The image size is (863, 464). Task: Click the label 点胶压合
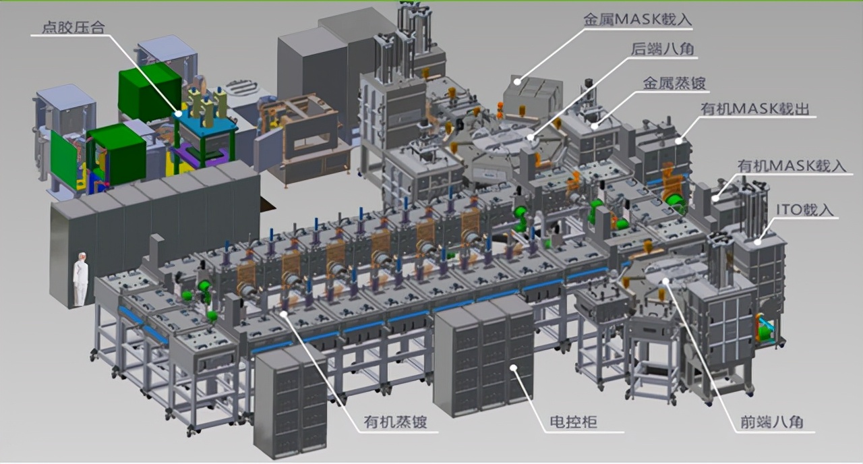coord(73,28)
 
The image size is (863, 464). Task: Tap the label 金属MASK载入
coord(638,20)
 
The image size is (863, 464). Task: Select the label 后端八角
coord(663,49)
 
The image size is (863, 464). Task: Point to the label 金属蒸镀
coord(674,83)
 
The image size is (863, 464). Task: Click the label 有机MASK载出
coord(754,109)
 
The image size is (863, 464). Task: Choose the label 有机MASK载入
coord(792,166)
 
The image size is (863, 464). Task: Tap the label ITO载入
coord(804,210)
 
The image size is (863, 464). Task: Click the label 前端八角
coord(772,422)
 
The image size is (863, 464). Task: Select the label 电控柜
coord(573,422)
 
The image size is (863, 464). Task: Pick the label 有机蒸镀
coord(395,422)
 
